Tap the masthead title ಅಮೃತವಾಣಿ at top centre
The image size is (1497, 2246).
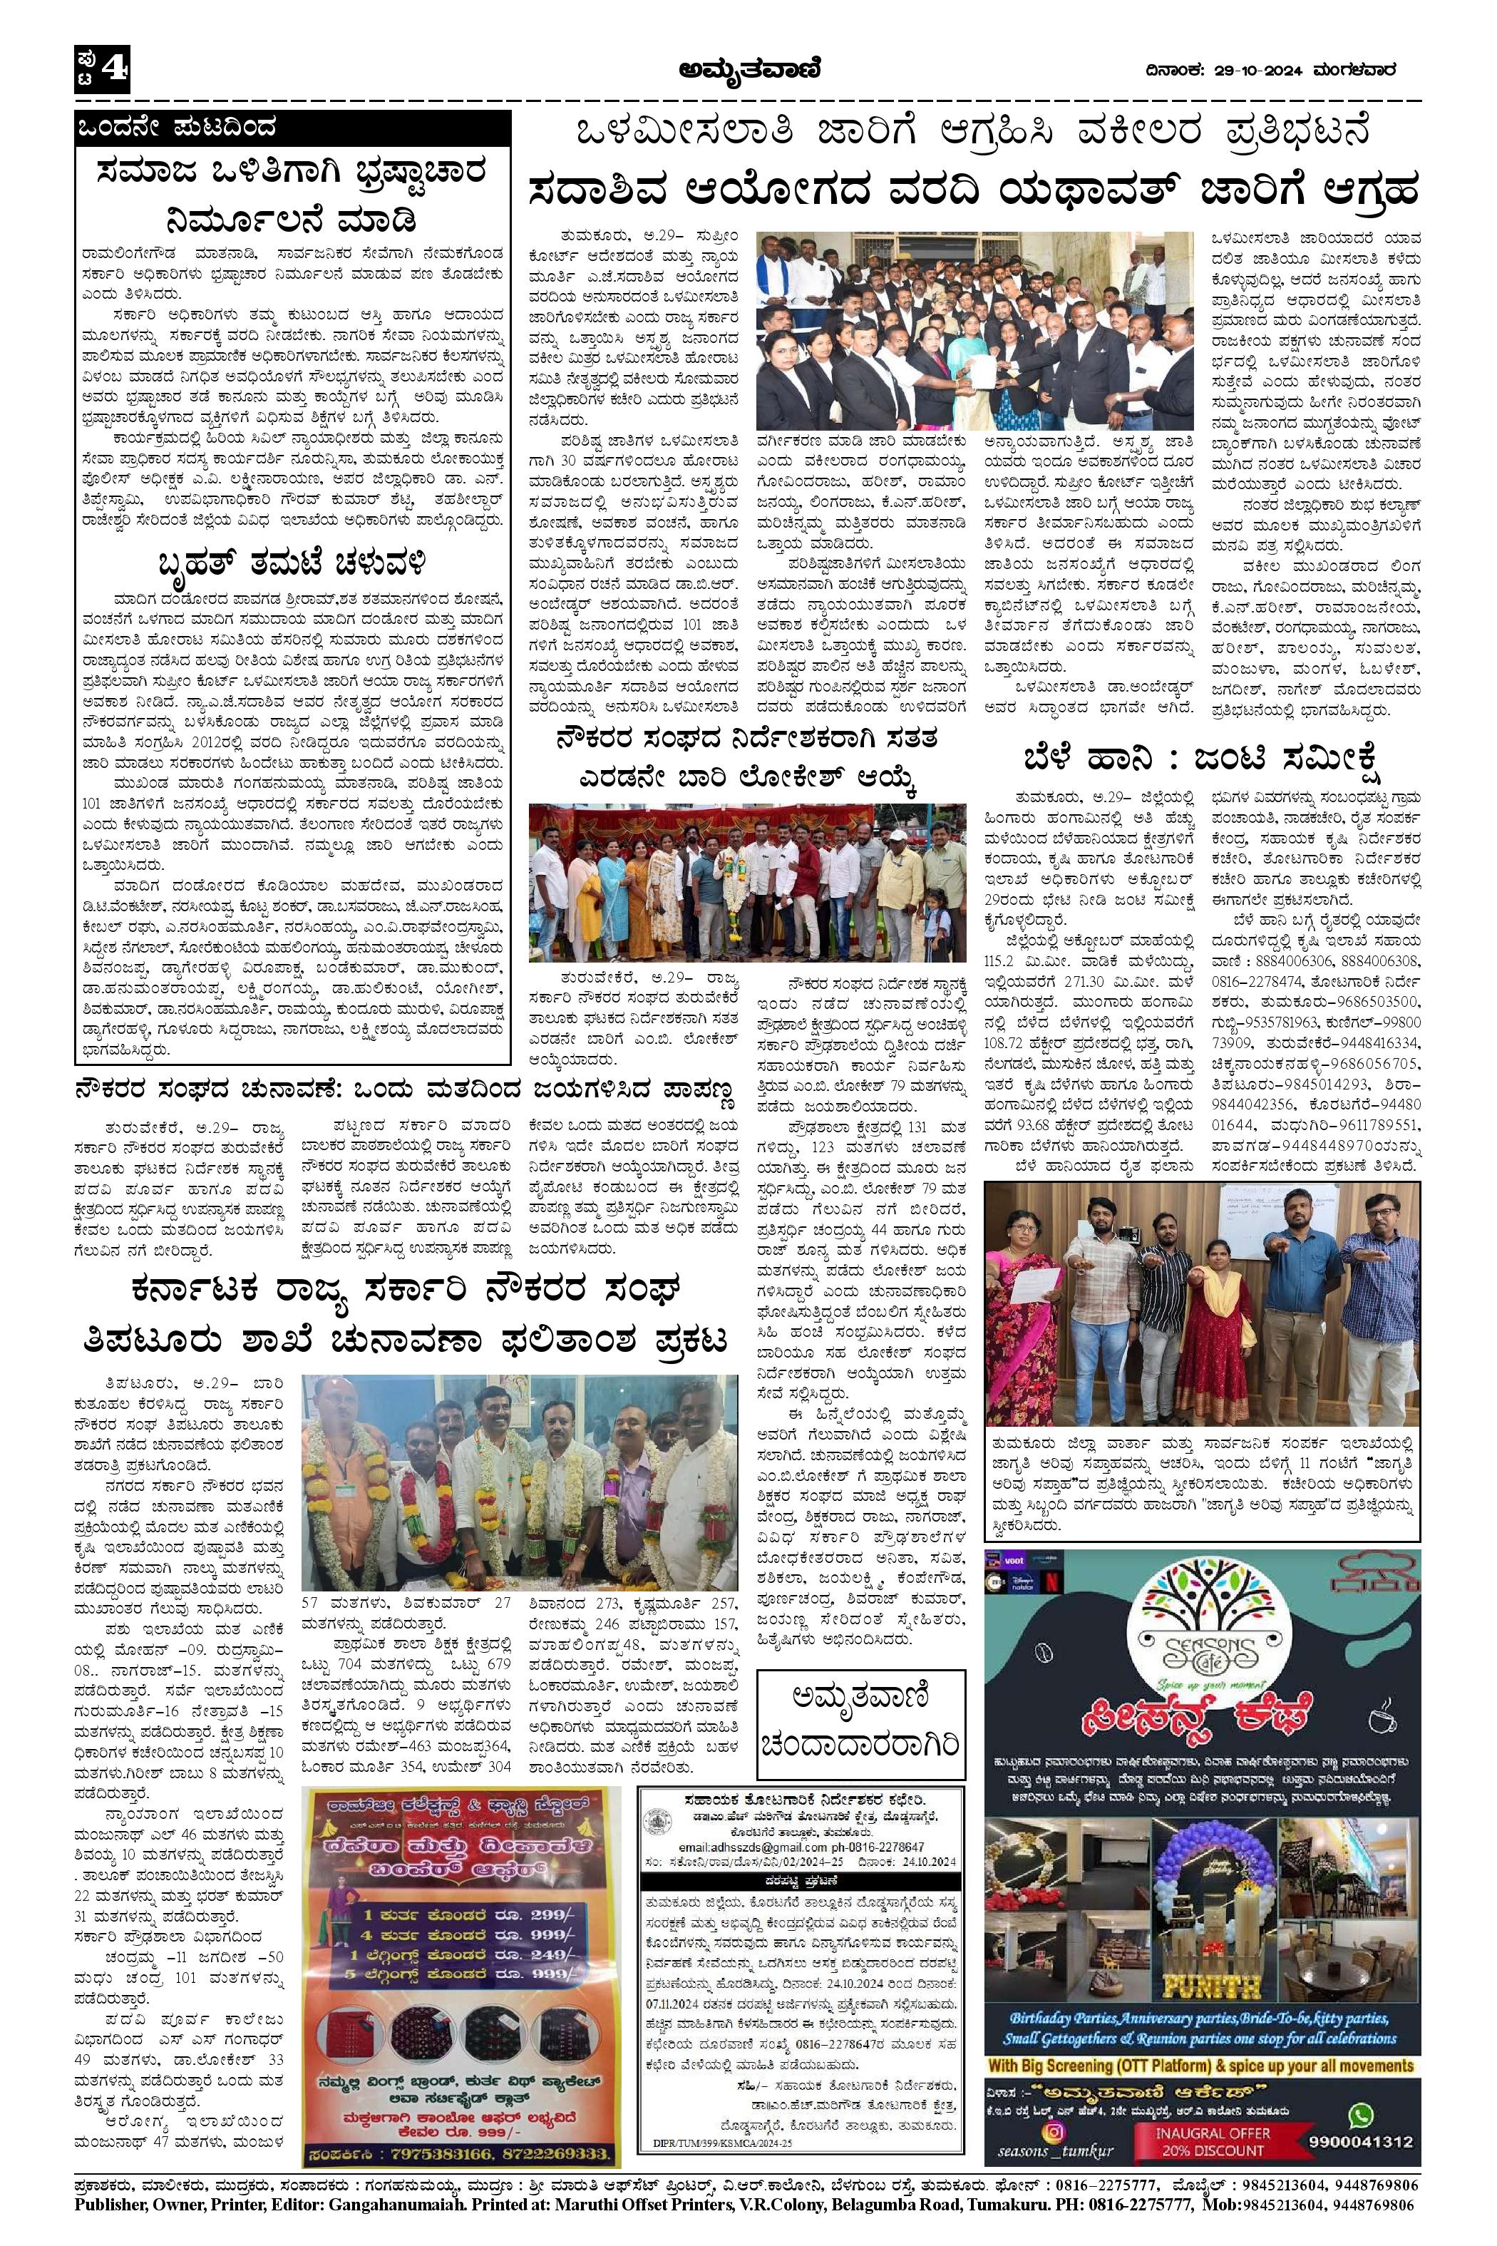coord(748,68)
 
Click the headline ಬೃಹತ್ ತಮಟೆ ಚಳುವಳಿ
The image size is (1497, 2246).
coord(292,558)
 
